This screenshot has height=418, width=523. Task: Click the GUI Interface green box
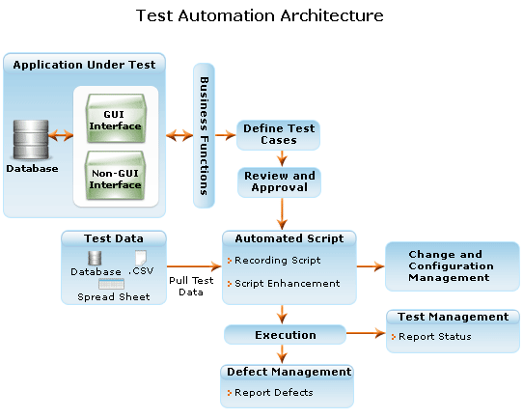click(116, 119)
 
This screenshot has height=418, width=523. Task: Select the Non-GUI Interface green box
click(116, 176)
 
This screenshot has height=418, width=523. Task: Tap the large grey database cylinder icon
click(31, 139)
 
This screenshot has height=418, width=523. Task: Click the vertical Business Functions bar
click(204, 135)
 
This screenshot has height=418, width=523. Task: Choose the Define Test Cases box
click(279, 135)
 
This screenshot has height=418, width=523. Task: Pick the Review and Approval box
click(280, 182)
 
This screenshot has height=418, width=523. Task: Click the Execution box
click(286, 335)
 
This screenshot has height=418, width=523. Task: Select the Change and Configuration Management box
click(453, 266)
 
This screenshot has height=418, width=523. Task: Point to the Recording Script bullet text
click(278, 261)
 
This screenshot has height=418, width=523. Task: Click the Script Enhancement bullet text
click(288, 284)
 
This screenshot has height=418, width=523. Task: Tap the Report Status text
click(435, 337)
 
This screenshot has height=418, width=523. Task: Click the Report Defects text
click(274, 393)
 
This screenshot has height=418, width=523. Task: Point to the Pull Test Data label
click(191, 286)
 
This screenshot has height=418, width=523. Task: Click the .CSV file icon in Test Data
click(141, 258)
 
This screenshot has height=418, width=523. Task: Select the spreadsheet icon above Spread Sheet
click(111, 284)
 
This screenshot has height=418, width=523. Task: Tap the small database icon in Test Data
click(95, 258)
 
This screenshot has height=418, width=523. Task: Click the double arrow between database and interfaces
click(61, 135)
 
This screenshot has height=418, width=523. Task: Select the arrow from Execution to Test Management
click(366, 333)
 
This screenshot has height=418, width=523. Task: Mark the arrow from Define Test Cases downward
click(282, 158)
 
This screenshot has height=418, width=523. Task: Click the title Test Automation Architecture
click(260, 15)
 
